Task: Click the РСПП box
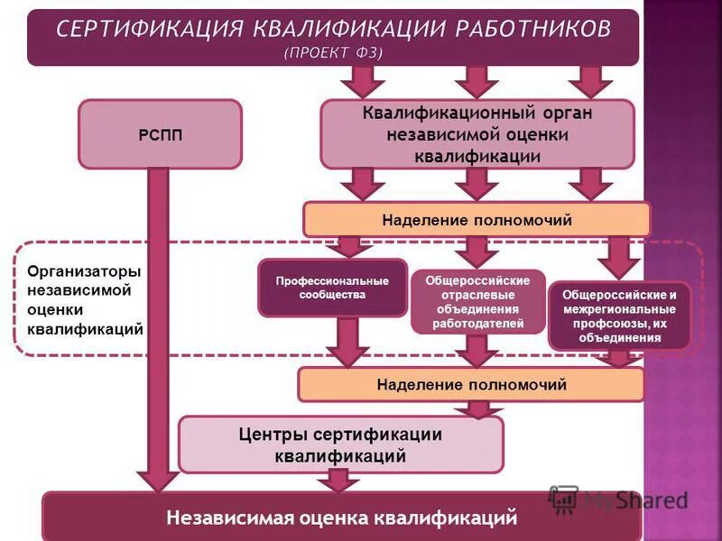click(160, 134)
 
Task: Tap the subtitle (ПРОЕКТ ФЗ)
click(333, 52)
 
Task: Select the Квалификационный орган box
click(477, 134)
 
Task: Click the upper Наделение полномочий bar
click(477, 220)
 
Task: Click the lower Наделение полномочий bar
click(471, 385)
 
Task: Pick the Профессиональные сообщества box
click(332, 288)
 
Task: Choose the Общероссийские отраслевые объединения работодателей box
click(477, 302)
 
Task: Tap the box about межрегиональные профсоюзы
click(619, 316)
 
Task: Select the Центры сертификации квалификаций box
click(340, 445)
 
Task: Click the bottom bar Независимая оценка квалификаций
click(341, 518)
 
